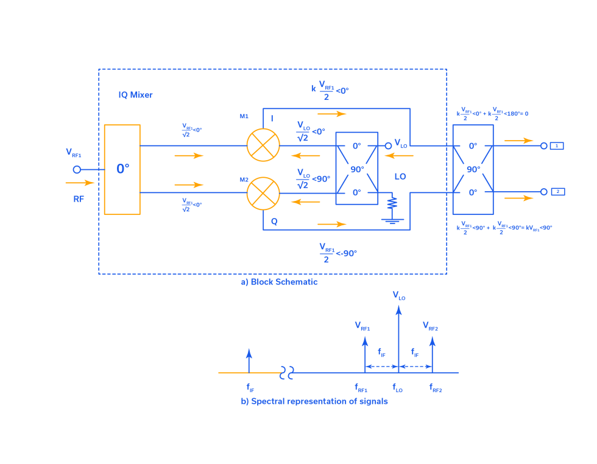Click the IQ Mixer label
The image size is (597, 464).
(135, 95)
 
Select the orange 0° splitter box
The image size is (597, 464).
(122, 169)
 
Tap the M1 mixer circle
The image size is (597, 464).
(263, 145)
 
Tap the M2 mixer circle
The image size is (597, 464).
(263, 193)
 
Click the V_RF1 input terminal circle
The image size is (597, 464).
(77, 169)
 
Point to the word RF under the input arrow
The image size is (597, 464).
(79, 199)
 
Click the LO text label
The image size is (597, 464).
(400, 177)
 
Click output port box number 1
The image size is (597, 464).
(557, 146)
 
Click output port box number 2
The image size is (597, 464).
(557, 192)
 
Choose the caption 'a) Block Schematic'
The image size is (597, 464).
(279, 282)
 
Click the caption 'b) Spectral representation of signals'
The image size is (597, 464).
(314, 401)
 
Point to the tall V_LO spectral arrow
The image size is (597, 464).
(398, 338)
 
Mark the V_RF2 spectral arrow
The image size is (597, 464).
(432, 353)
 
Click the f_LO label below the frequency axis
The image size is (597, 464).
(397, 387)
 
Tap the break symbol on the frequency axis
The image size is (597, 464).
(287, 373)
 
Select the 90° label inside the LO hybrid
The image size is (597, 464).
(357, 169)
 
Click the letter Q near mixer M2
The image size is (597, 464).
(274, 222)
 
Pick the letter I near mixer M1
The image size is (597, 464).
(272, 118)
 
